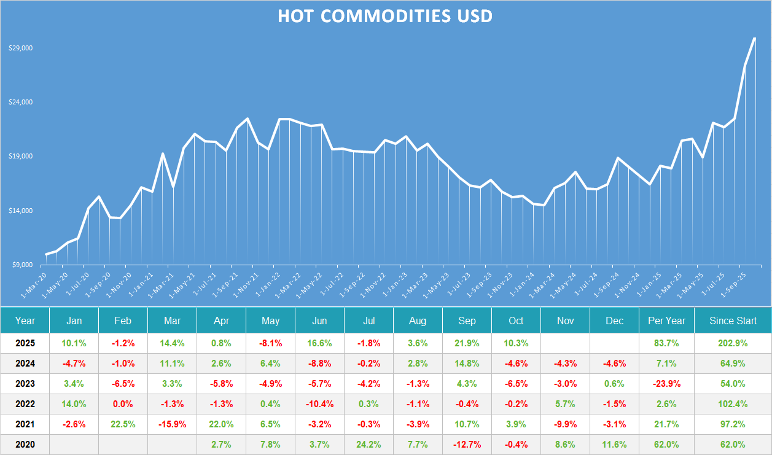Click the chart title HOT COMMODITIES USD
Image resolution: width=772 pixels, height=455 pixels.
[x=385, y=16]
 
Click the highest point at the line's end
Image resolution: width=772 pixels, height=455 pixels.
[x=754, y=39]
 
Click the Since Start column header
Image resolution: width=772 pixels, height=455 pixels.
[x=733, y=321]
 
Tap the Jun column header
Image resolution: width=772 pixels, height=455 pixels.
[x=319, y=321]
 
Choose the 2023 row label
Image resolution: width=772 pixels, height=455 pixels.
[x=25, y=384]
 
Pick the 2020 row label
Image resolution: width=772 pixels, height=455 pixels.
[x=25, y=445]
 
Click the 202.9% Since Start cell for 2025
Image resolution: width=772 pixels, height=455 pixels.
[x=733, y=343]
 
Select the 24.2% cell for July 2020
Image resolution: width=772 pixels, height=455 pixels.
[x=368, y=445]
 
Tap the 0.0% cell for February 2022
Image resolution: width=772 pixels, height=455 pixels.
[x=123, y=404]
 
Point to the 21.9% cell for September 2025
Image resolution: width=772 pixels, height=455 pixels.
[x=467, y=343]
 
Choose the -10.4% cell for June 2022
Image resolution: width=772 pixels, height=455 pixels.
[x=319, y=404]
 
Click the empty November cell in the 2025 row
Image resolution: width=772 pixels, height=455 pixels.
[x=565, y=343]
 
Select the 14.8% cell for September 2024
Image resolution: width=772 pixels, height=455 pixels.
[x=467, y=364]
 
